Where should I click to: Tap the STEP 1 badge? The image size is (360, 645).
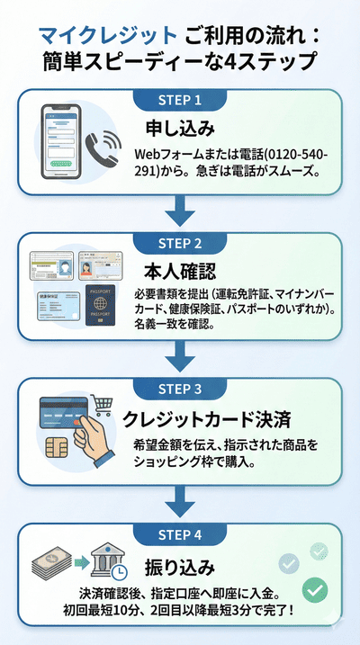(x=180, y=98)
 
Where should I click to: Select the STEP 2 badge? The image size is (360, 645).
(x=180, y=242)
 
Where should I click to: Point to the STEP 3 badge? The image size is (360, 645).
(x=180, y=390)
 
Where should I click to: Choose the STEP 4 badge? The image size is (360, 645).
(x=180, y=534)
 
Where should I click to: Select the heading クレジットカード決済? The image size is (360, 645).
(x=210, y=418)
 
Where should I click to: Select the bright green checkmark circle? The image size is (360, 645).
(x=314, y=589)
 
